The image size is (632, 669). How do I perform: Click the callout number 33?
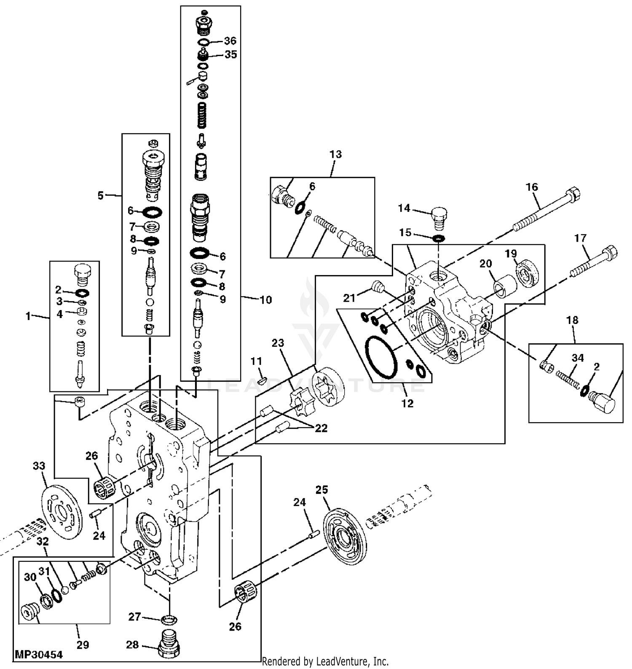[39, 466]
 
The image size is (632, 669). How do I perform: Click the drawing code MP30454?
[39, 655]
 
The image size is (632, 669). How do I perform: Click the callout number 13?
[335, 154]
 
